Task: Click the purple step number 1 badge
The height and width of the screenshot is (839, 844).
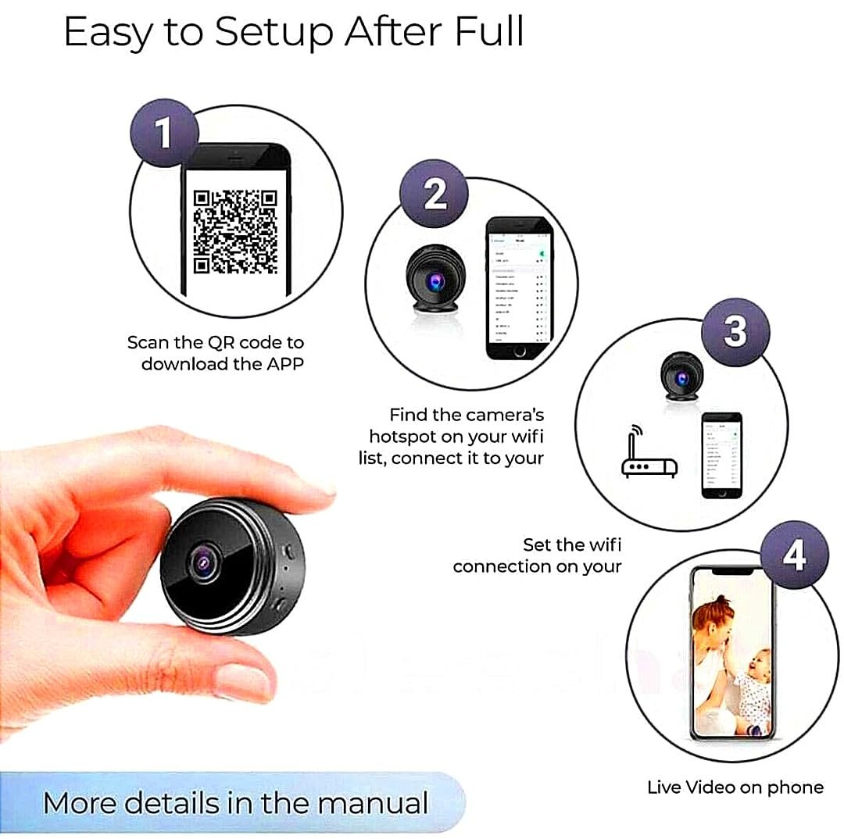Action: [x=163, y=133]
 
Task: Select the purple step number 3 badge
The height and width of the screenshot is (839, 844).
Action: [x=735, y=331]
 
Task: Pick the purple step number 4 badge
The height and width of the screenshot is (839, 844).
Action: [x=793, y=555]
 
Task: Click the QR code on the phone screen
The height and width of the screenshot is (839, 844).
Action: [x=235, y=231]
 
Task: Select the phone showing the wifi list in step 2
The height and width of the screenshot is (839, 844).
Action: [x=519, y=287]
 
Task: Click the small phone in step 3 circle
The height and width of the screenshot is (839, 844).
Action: [x=721, y=455]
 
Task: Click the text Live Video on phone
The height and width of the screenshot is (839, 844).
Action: [x=735, y=787]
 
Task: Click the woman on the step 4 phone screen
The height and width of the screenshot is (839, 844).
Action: [x=715, y=656]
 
